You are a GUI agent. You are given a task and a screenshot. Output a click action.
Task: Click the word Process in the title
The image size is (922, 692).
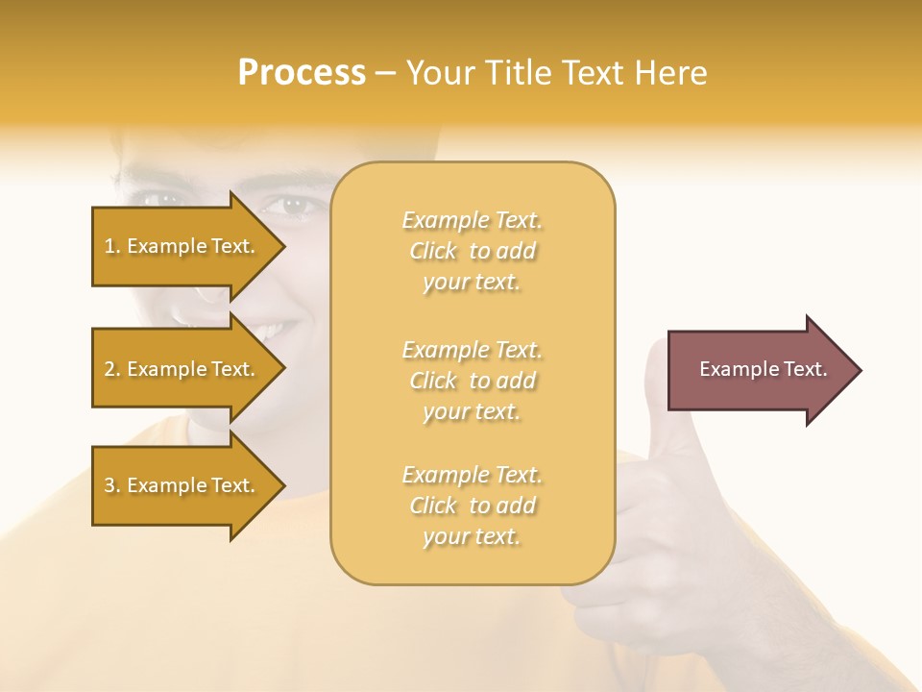302,73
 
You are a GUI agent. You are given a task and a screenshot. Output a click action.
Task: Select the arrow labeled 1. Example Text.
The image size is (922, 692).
182,246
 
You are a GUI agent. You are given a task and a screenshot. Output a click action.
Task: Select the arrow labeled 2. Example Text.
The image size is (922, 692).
182,369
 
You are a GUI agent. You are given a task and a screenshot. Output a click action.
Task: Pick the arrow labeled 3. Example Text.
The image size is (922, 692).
182,485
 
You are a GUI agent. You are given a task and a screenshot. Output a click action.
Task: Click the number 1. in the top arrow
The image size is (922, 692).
112,246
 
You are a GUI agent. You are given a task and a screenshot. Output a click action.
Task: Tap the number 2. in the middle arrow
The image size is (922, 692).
112,369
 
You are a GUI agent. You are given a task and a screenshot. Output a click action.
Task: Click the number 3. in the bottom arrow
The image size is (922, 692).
112,485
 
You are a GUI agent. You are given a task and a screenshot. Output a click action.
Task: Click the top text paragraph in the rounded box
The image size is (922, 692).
472,251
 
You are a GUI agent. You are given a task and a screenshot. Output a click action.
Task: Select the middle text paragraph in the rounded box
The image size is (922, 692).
472,381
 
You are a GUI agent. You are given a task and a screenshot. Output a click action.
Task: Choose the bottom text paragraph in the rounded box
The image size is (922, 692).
472,506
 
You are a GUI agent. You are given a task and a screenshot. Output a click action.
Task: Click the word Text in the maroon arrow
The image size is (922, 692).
806,369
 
